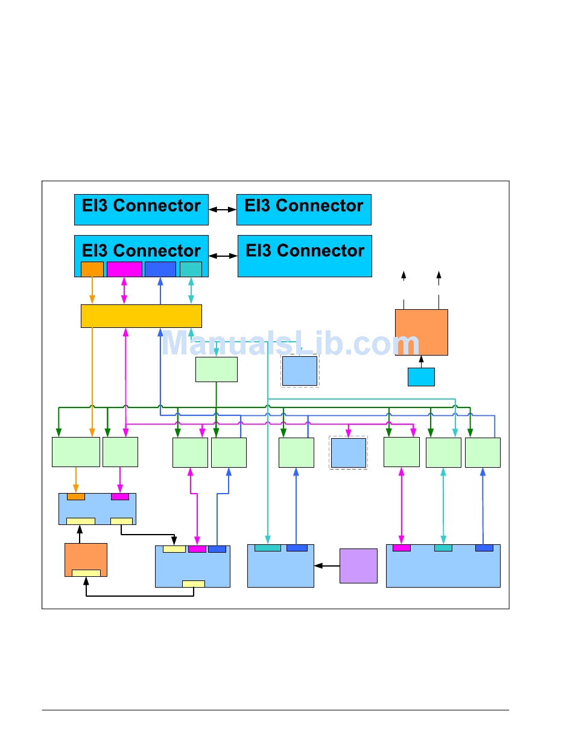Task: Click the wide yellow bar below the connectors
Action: pos(141,316)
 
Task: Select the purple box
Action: pos(358,565)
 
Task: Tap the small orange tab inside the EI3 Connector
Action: pos(92,269)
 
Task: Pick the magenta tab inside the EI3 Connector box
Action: pos(124,269)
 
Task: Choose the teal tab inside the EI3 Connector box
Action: pos(191,269)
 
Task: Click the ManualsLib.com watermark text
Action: pos(290,342)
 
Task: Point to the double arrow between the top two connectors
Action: pos(222,209)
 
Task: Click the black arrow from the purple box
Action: pos(326,565)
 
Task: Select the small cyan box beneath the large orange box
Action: pos(421,377)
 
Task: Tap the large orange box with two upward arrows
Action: pos(422,332)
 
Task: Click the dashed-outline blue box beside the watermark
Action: pos(300,371)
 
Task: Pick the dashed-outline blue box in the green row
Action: pos(348,453)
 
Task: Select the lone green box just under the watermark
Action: pos(217,369)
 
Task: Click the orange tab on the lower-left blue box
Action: pos(75,497)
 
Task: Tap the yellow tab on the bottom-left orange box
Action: pos(86,573)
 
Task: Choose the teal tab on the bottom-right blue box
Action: pos(443,548)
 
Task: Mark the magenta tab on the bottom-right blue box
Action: pos(401,548)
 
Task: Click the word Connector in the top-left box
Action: pos(157,206)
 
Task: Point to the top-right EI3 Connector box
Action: pos(303,209)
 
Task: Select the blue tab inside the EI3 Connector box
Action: pos(160,269)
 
